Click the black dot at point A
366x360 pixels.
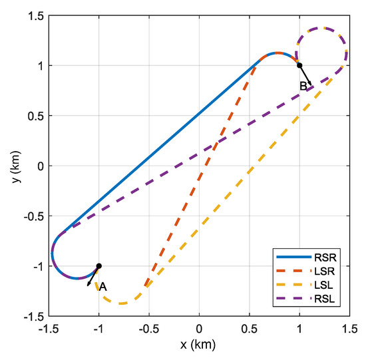click(x=99, y=266)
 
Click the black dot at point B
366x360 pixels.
click(x=299, y=65)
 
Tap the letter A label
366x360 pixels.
click(x=103, y=286)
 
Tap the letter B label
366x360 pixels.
click(x=303, y=86)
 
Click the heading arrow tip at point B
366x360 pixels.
click(x=311, y=86)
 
